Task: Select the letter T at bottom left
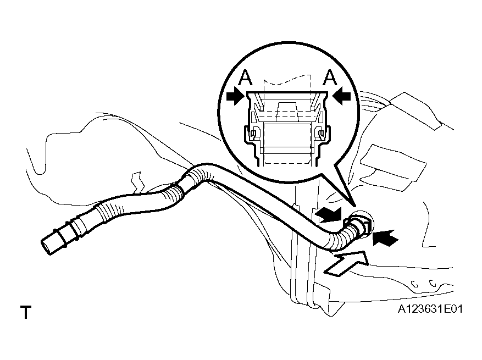[x=26, y=312]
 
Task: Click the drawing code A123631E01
[x=430, y=309]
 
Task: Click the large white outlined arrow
[x=347, y=263]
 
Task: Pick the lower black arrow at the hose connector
[x=385, y=237]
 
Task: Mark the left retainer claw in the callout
[x=253, y=134]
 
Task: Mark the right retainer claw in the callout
[x=321, y=134]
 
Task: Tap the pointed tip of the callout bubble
[x=354, y=206]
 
